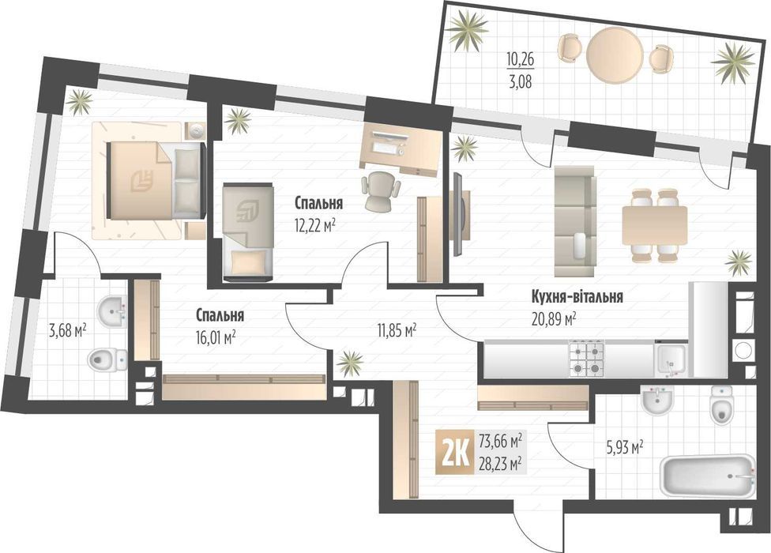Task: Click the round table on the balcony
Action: coord(615,54)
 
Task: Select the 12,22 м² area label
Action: coord(314,226)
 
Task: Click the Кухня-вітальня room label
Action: coord(577,297)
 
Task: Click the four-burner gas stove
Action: coord(587,359)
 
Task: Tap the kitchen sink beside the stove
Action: coord(671,359)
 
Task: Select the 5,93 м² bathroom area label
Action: coord(626,448)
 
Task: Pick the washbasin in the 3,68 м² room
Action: coord(112,311)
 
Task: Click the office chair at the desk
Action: coord(381,190)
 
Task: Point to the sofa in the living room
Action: coord(575,221)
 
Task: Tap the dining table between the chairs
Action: coord(654,225)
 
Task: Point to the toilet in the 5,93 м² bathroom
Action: coord(721,404)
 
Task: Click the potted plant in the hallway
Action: coord(350,363)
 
